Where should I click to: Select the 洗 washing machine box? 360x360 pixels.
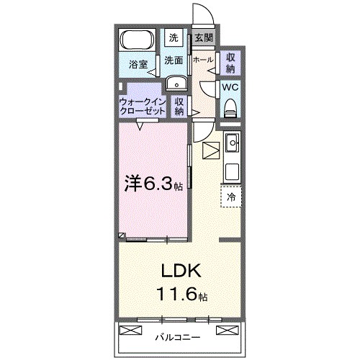point(174,37)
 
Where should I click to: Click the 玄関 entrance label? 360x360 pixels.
point(203,38)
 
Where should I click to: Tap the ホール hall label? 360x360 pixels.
point(202,60)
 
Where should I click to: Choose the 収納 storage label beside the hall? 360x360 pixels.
point(230,62)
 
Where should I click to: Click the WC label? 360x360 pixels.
point(230,87)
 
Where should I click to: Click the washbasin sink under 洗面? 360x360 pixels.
point(175,84)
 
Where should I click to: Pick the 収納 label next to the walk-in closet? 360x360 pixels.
point(180,107)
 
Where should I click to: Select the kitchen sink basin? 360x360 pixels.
point(232,145)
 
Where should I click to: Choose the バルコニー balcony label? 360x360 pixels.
point(176,336)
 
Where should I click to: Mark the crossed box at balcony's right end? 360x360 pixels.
point(226,331)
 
